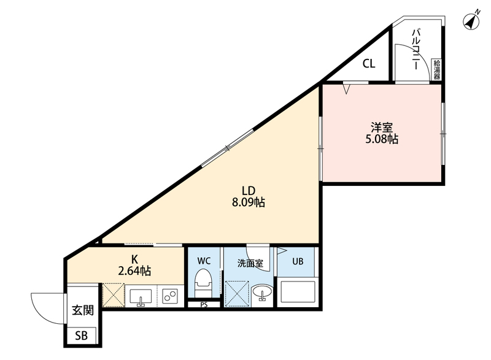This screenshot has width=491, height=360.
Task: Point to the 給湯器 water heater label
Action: click(x=436, y=70)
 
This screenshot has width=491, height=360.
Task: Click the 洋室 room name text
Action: click(x=381, y=128)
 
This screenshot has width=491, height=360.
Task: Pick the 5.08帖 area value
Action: click(x=381, y=140)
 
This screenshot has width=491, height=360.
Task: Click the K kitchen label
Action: click(x=134, y=259)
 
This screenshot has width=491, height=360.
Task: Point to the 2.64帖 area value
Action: click(x=134, y=270)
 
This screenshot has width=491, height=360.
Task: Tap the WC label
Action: click(x=204, y=261)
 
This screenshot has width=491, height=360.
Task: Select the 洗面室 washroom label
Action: click(x=250, y=264)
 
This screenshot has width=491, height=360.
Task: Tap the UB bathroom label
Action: click(x=297, y=261)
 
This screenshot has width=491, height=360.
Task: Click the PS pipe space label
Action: click(x=204, y=305)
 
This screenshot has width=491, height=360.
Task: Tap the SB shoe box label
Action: click(x=82, y=336)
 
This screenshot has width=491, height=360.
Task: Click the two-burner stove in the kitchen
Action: click(x=170, y=296)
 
